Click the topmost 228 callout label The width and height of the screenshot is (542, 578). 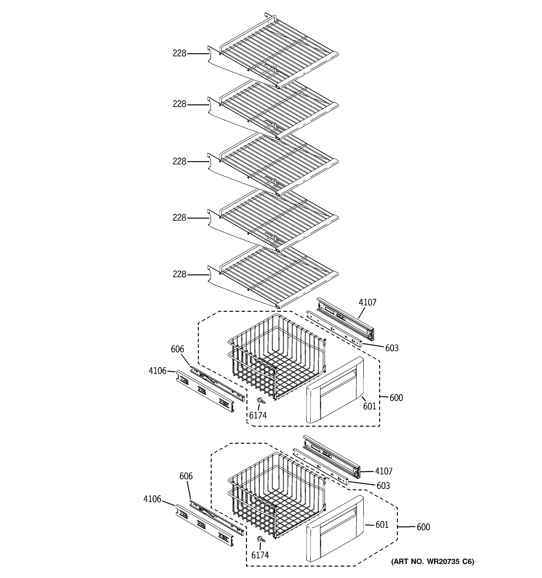pos(179,53)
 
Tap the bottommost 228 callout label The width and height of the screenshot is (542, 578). pos(179,274)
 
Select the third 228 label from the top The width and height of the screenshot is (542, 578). pos(179,161)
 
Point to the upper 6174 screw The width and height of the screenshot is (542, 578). pos(261,401)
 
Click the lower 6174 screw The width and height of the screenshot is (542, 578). pos(261,539)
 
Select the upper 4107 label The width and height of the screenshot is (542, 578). pos(367,303)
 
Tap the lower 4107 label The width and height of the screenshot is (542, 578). pos(383,471)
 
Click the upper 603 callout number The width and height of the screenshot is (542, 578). pos(392,348)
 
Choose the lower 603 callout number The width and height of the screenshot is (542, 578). pos(383,486)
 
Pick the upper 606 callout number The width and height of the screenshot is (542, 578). pos(177,349)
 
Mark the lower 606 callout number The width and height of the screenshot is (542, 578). pos(186,476)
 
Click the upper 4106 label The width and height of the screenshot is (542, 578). pos(157,371)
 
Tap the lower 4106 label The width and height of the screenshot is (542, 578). pos(152,499)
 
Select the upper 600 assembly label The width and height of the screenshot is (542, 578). pos(396,398)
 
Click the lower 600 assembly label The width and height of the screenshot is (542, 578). pos(423,527)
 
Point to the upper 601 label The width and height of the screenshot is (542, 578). pos(370,406)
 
